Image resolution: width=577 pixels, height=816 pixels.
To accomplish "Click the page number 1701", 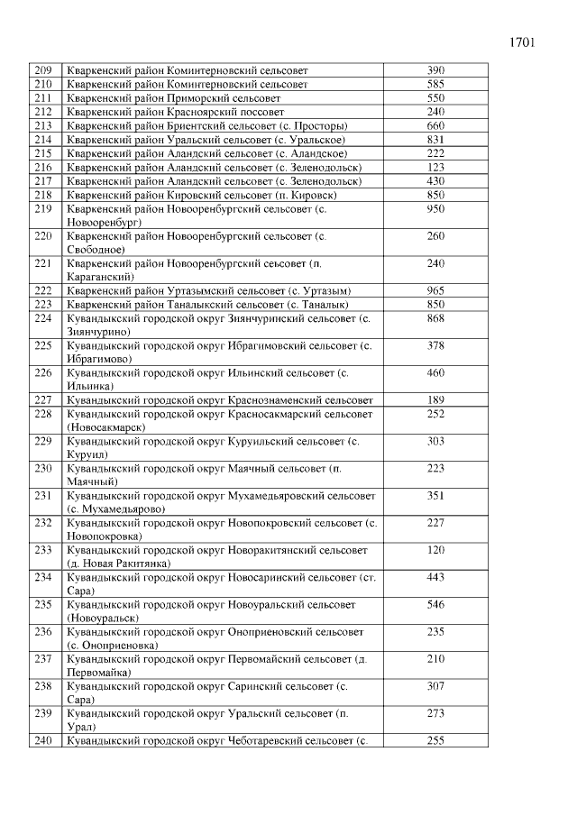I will point(524,42).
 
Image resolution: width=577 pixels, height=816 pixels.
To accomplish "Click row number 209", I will point(42,70).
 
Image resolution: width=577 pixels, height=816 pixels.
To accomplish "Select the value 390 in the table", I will point(436,70).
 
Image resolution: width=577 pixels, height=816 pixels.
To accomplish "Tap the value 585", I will point(436,84).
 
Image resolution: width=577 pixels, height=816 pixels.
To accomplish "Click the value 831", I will point(436,139).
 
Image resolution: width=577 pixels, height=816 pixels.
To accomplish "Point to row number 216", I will point(42,167).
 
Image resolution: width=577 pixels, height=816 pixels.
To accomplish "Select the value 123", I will point(436,167).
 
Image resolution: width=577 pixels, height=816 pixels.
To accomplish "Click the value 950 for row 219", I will point(436,208).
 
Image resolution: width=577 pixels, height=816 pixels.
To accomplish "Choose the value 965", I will point(436,290).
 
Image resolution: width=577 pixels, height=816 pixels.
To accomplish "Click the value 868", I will point(436,318).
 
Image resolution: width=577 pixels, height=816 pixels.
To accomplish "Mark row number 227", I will point(42,400).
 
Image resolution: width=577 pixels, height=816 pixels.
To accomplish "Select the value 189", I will point(436,400).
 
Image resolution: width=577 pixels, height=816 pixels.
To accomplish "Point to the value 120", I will point(436,550).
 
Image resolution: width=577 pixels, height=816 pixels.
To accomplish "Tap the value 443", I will point(436,577).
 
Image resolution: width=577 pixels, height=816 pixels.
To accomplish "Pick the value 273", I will point(436,714).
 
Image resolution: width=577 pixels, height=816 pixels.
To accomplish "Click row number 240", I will point(42,741).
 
